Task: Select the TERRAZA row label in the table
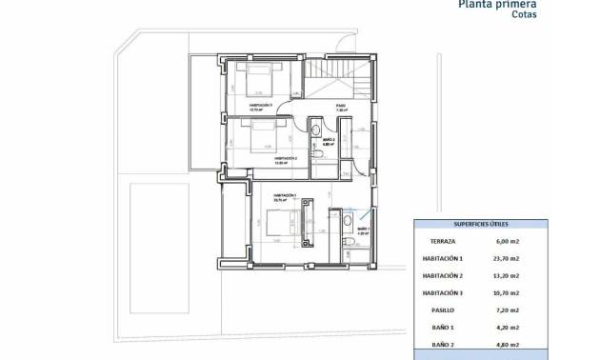pyautogui.click(x=443, y=242)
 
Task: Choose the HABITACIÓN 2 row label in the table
pyautogui.click(x=443, y=276)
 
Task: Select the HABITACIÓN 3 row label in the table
pyautogui.click(x=443, y=293)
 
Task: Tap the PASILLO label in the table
pyautogui.click(x=443, y=310)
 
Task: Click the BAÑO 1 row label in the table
pyautogui.click(x=443, y=328)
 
